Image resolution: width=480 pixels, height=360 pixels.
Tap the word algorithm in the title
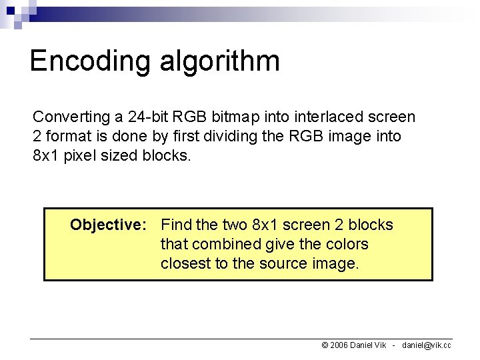tap(219, 61)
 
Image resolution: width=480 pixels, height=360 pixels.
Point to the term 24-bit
tap(146, 117)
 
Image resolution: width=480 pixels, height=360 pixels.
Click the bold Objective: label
tap(108, 225)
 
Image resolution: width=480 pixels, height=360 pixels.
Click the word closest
tap(185, 263)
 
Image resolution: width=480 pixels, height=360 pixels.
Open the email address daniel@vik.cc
tap(426, 345)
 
